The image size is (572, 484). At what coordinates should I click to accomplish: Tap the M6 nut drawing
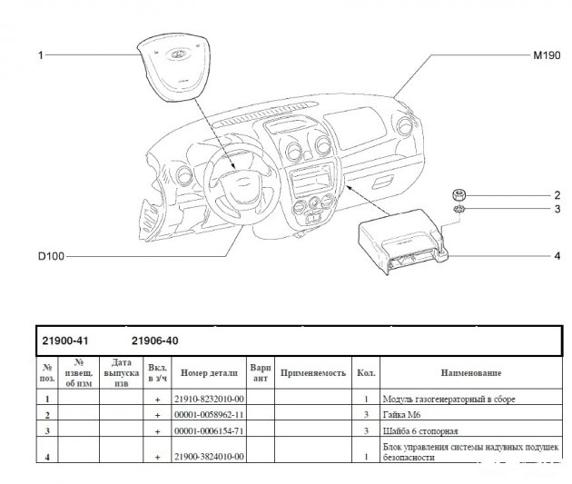(x=460, y=194)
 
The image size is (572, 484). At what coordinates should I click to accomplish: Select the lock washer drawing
(x=460, y=211)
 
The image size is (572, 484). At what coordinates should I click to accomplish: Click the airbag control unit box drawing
(x=399, y=245)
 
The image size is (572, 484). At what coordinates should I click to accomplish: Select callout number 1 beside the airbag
(x=40, y=55)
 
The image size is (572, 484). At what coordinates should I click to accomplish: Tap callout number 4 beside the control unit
(x=557, y=257)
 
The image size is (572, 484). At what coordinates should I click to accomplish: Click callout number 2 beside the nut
(x=557, y=195)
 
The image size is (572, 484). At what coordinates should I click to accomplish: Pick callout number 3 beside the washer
(x=557, y=211)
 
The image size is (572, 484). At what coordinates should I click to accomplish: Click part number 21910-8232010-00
(x=208, y=400)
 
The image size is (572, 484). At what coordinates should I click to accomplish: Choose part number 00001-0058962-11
(x=208, y=414)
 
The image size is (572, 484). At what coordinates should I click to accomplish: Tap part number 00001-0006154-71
(x=208, y=430)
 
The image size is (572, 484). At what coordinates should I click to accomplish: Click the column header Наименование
(x=471, y=373)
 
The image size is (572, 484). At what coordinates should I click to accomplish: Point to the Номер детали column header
(x=209, y=373)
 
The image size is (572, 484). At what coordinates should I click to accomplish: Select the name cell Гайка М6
(x=404, y=414)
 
